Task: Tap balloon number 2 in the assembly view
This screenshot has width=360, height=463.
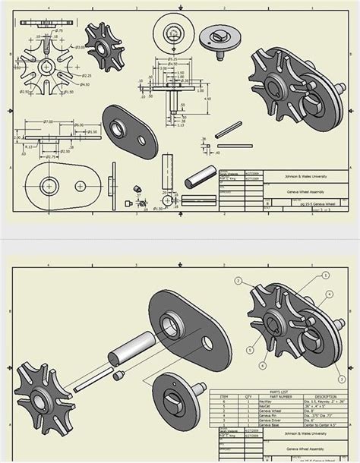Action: tap(238, 281)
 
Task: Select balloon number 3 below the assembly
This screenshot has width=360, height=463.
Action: tap(248, 348)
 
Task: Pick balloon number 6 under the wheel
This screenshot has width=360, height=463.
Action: tap(263, 366)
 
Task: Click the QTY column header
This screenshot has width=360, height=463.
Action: tap(248, 396)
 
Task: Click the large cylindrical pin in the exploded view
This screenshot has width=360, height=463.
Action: tap(124, 353)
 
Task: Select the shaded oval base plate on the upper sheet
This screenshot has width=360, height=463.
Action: tap(128, 130)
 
